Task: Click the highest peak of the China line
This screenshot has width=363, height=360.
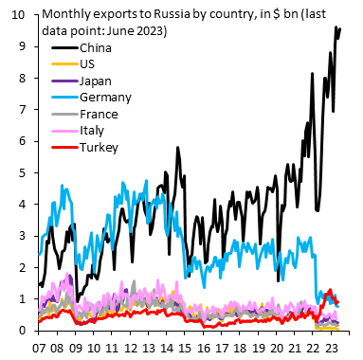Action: click(x=336, y=27)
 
